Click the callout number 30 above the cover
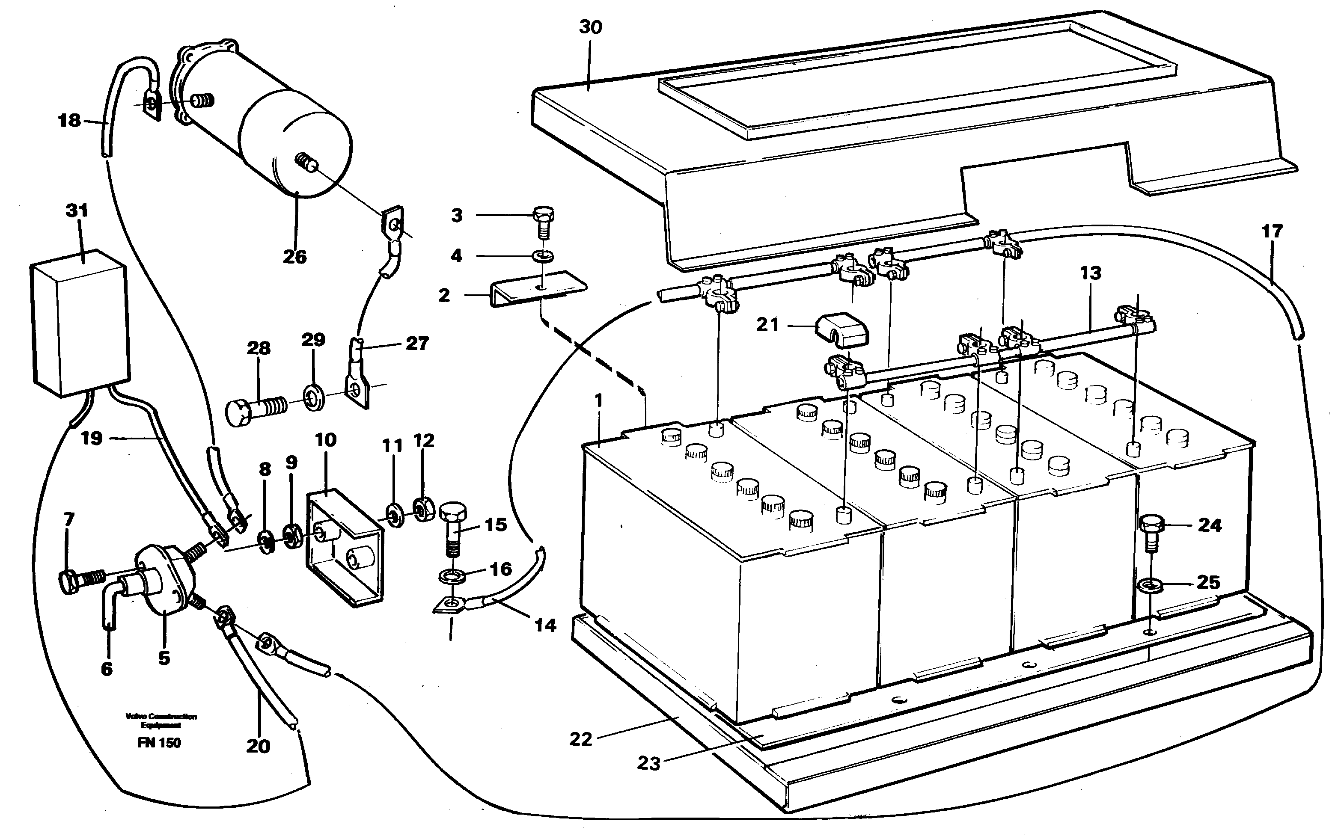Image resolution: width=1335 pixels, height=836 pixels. (x=590, y=27)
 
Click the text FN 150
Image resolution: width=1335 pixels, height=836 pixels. (x=159, y=743)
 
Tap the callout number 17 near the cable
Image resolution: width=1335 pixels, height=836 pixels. (x=1271, y=231)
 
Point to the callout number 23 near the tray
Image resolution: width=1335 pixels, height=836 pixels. (x=649, y=764)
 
